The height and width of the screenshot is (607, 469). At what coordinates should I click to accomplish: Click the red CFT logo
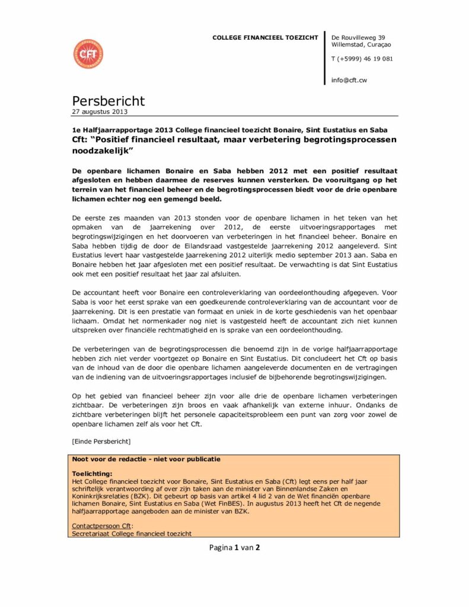(88, 54)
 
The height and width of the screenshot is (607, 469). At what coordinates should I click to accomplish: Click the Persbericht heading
(108, 101)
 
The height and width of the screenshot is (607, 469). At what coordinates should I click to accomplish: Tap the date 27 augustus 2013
(100, 111)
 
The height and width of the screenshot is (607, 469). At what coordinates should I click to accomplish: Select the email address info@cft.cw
(349, 79)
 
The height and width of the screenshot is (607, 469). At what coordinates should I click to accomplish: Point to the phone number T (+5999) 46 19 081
(362, 59)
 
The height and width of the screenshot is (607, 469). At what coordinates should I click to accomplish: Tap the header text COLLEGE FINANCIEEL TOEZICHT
(265, 38)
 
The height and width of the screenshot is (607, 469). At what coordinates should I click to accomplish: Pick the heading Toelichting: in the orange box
(92, 474)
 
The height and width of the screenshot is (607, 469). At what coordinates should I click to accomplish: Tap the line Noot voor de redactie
(146, 459)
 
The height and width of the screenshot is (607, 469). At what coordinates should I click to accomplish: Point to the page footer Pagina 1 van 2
(234, 547)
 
